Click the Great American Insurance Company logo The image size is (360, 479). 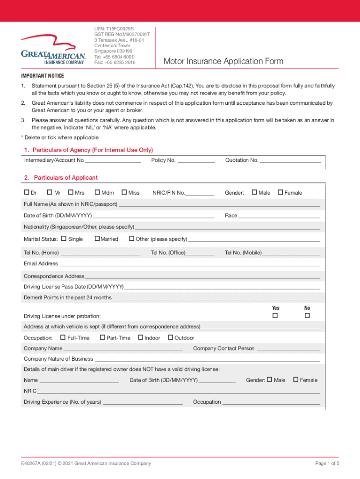[53, 50]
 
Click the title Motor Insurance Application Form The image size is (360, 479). [223, 62]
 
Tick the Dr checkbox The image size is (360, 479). [27, 192]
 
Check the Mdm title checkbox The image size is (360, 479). [97, 192]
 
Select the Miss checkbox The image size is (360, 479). [124, 192]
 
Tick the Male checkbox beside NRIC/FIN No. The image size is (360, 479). [254, 192]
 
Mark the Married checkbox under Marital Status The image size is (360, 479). [97, 239]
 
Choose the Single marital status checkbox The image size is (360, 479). [64, 239]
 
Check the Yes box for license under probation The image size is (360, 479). [275, 316]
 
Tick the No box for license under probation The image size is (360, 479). [307, 316]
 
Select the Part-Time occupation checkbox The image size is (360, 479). [103, 337]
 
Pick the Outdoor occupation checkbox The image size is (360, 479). [171, 337]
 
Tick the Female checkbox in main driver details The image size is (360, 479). [295, 379]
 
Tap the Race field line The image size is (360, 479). [279, 217]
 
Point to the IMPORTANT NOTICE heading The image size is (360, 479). [43, 76]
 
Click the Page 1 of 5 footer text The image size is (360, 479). [327, 463]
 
